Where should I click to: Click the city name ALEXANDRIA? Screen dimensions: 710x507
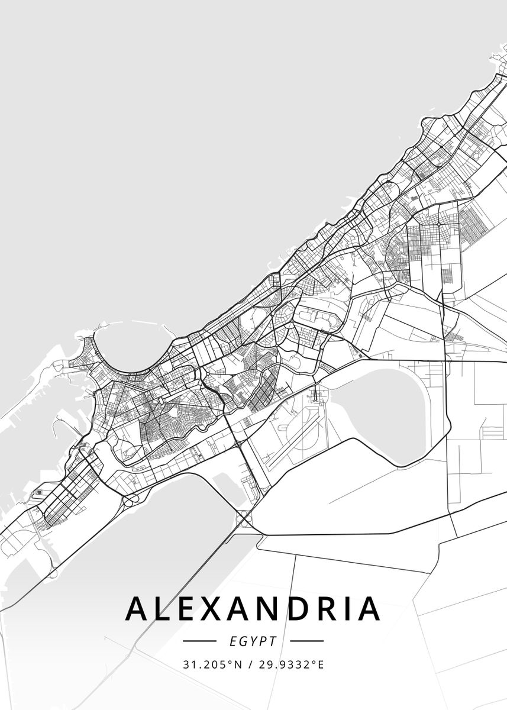pyautogui.click(x=253, y=608)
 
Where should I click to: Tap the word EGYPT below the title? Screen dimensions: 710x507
pyautogui.click(x=253, y=641)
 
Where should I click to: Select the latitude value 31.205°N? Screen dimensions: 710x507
pyautogui.click(x=213, y=664)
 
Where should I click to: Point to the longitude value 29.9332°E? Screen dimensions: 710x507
pyautogui.click(x=290, y=664)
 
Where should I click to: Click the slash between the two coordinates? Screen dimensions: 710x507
pyautogui.click(x=250, y=664)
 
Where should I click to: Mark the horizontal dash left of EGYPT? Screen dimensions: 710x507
pyautogui.click(x=199, y=641)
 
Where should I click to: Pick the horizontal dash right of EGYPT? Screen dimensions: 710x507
pyautogui.click(x=306, y=641)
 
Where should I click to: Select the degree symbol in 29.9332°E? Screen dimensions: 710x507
pyautogui.click(x=315, y=661)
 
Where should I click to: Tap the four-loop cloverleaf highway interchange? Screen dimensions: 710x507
pyautogui.click(x=244, y=519)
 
